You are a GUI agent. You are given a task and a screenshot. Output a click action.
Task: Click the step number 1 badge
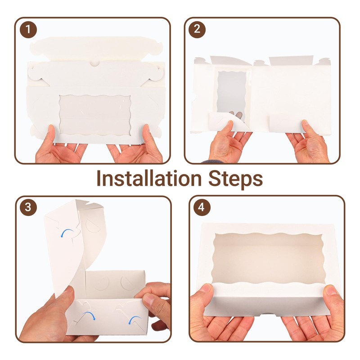[28, 29]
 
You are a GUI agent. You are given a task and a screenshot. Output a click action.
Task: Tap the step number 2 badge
[197, 29]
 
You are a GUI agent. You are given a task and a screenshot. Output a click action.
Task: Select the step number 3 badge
[28, 207]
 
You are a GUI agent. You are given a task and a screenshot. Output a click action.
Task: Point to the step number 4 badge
[202, 207]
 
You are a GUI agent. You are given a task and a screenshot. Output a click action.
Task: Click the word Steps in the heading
[235, 180]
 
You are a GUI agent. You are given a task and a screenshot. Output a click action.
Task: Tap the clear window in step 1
[95, 116]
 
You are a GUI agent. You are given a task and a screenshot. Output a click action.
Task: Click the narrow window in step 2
[232, 94]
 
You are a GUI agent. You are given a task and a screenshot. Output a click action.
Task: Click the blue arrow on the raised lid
[67, 232]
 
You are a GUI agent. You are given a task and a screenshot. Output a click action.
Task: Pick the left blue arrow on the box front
[90, 315]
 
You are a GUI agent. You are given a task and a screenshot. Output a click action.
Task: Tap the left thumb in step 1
[52, 134]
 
